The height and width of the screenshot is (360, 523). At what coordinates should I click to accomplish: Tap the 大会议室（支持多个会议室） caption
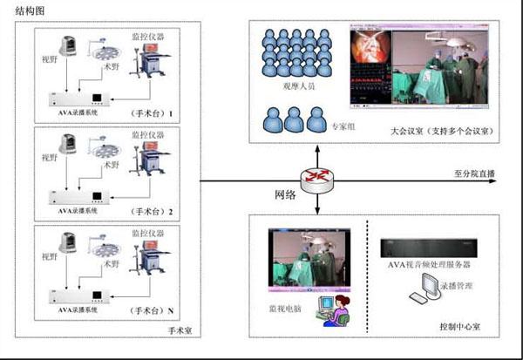point(443,130)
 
